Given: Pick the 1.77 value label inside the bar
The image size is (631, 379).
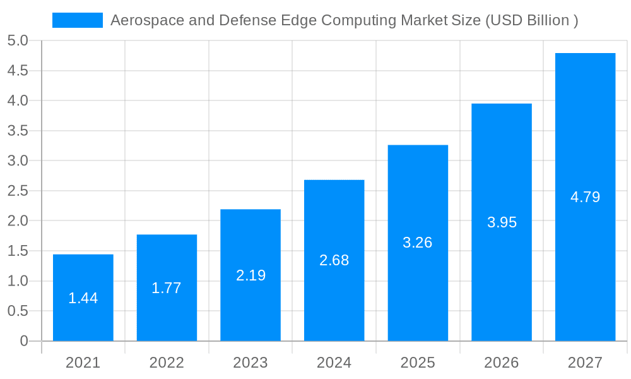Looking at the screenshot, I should click(167, 288).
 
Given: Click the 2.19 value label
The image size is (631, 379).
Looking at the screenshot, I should click(251, 275).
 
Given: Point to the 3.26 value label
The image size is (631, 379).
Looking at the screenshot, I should click(418, 243).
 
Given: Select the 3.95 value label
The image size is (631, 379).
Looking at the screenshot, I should click(502, 222).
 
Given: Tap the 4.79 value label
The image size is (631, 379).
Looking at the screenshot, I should click(585, 197).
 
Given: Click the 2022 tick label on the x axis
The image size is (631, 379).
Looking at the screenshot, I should click(167, 363).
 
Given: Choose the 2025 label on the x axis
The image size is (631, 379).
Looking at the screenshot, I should click(418, 363).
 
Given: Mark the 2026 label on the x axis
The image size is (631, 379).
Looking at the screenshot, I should click(502, 363).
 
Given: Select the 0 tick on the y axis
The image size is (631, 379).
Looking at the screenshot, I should click(24, 341).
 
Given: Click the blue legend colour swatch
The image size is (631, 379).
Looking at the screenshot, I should click(77, 20).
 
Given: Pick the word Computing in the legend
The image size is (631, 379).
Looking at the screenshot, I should click(365, 20).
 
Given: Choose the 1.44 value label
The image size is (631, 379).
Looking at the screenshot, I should click(83, 298).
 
